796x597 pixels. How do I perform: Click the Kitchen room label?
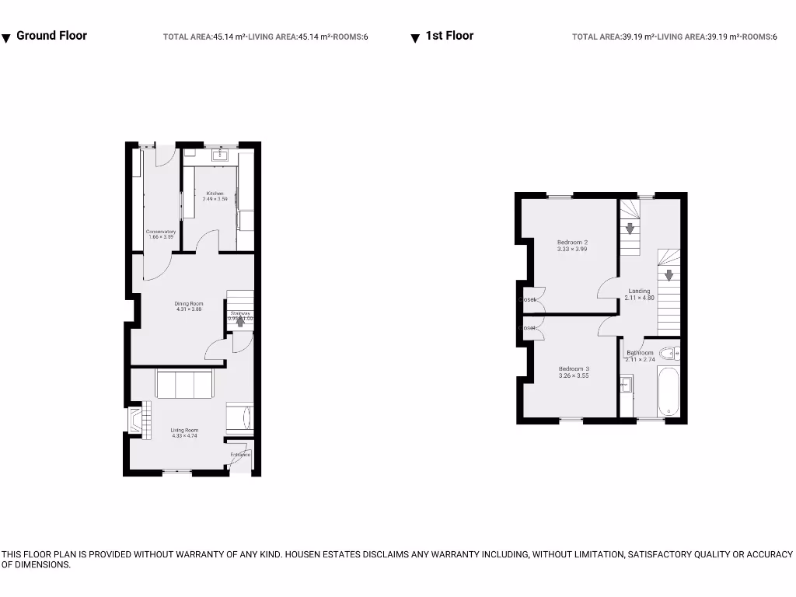pyautogui.click(x=215, y=194)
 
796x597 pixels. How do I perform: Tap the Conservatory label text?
pyautogui.click(x=161, y=232)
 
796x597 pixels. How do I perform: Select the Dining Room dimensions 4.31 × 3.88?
pyautogui.click(x=189, y=309)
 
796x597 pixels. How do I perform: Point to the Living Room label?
pyautogui.click(x=185, y=430)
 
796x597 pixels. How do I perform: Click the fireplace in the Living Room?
pyautogui.click(x=137, y=421)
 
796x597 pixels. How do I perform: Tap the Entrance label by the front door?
pyautogui.click(x=240, y=454)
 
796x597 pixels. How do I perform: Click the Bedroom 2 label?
pyautogui.click(x=572, y=242)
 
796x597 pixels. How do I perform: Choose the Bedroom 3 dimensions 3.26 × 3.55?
pyautogui.click(x=574, y=375)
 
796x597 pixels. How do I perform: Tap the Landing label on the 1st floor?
pyautogui.click(x=639, y=292)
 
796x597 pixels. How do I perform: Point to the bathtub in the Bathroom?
pyautogui.click(x=669, y=393)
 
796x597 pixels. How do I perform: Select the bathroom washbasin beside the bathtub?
pyautogui.click(x=627, y=384)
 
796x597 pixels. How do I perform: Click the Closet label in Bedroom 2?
pyautogui.click(x=529, y=299)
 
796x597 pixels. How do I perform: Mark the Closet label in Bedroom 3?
pyautogui.click(x=529, y=328)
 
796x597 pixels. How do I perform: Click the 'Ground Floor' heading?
pyautogui.click(x=51, y=36)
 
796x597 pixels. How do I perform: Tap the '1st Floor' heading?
pyautogui.click(x=449, y=36)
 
